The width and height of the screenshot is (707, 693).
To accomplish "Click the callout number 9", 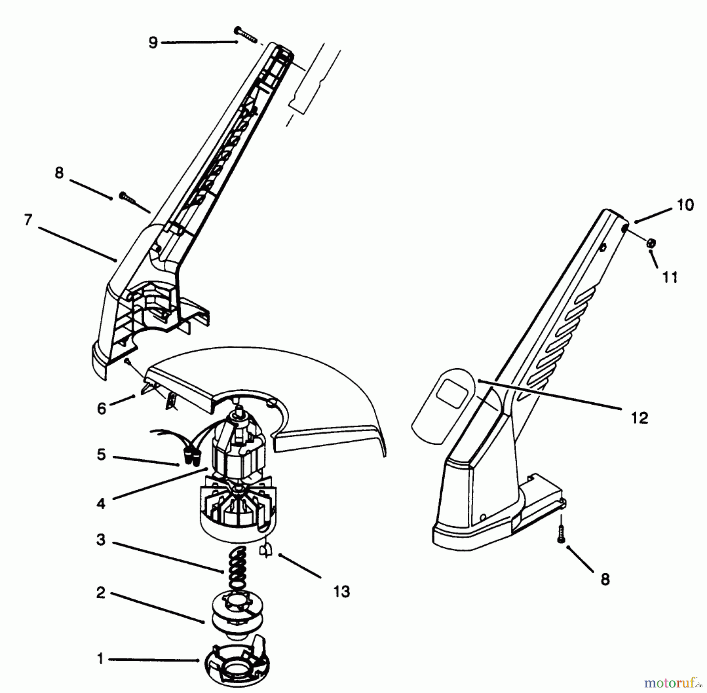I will coord(153,42).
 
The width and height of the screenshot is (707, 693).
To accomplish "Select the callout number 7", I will coord(28,220).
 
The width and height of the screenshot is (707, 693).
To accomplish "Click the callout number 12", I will coord(639,418).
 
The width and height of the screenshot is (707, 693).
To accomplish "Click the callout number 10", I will coord(685,205).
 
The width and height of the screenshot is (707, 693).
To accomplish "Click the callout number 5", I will coord(101,455).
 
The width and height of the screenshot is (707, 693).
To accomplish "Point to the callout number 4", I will coord(101,503).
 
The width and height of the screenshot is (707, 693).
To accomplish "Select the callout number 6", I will coord(101,409).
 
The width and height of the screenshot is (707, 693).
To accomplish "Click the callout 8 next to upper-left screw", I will coord(59,172).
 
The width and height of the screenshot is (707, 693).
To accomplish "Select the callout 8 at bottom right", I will coord(605,579).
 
